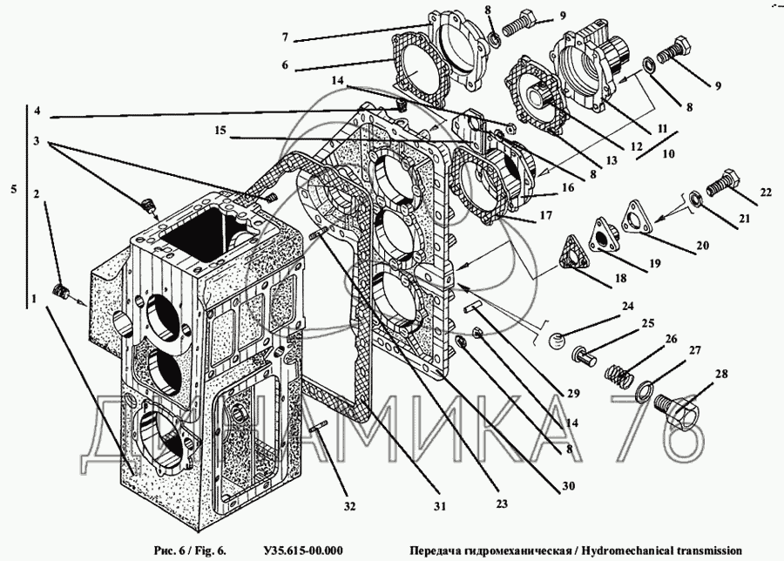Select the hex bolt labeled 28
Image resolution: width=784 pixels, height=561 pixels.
tap(676, 410)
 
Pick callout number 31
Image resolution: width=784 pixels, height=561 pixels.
tap(440, 505)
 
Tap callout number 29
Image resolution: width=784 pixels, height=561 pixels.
tap(572, 392)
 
